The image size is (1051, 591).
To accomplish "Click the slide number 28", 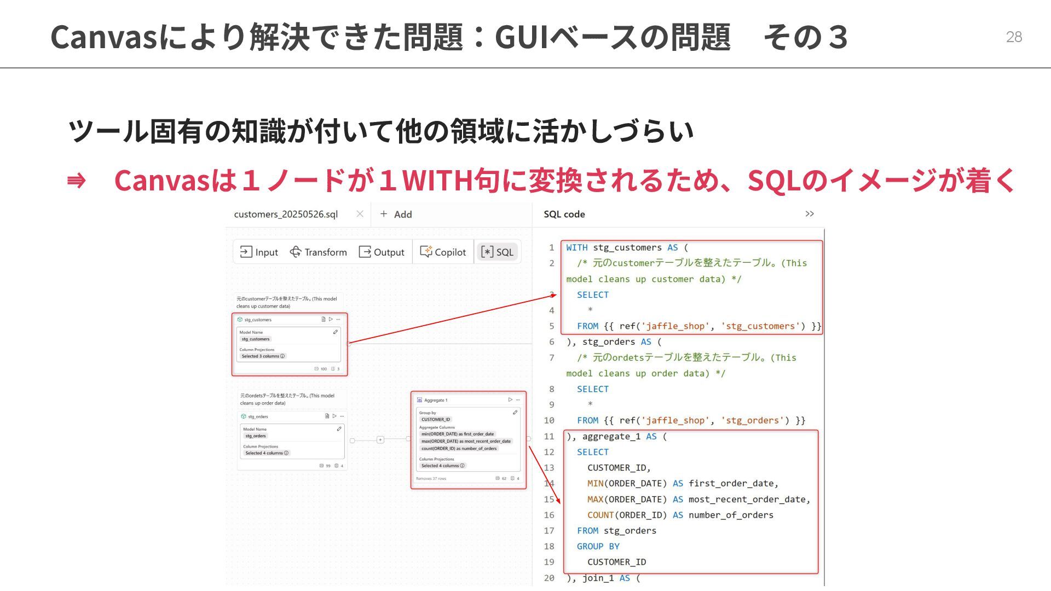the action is click(x=1014, y=37).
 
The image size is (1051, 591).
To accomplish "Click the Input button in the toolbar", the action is click(x=259, y=252).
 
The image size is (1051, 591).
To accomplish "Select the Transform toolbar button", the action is click(x=319, y=252).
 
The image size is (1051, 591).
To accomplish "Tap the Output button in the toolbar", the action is click(x=382, y=252).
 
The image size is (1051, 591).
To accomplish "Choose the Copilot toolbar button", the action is click(x=443, y=252).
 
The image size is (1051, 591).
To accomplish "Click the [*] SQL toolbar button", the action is click(x=497, y=252).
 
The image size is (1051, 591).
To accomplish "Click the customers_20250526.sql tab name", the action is click(x=286, y=215).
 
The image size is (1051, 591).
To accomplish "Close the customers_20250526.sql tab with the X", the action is click(x=360, y=214).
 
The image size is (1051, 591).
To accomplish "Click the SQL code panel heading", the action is click(x=564, y=215).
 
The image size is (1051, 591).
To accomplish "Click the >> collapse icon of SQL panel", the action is click(x=810, y=214).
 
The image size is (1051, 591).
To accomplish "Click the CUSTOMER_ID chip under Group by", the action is click(x=436, y=420).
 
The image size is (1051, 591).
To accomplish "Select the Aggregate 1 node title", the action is click(x=436, y=400).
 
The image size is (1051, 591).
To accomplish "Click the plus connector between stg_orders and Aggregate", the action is click(x=380, y=440).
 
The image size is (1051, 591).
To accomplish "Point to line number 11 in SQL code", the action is click(x=549, y=437).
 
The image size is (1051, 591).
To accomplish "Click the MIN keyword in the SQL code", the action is click(x=595, y=484).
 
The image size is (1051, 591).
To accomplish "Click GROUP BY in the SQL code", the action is click(x=598, y=547).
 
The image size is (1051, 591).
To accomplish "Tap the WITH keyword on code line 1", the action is click(x=577, y=248).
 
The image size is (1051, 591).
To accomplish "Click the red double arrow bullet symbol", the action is click(x=76, y=181).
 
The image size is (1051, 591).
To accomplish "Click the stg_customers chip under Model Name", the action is click(x=256, y=339).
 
